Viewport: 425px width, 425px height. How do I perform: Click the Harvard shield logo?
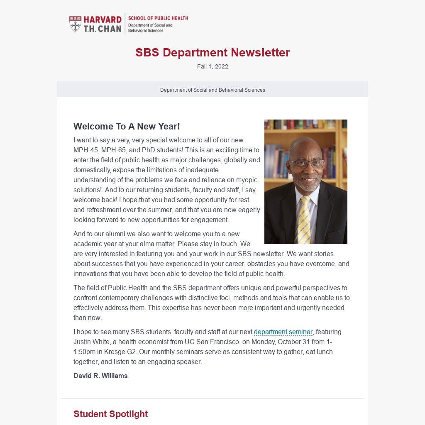click(x=75, y=24)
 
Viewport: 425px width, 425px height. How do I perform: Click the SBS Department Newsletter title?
click(x=212, y=53)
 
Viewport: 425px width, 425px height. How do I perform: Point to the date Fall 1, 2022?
click(x=212, y=66)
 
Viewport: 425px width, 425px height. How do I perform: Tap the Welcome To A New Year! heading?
click(x=127, y=126)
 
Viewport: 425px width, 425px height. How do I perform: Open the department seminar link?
click(x=283, y=332)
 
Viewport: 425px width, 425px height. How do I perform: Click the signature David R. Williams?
click(x=100, y=376)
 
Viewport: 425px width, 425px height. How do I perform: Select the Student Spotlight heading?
click(x=110, y=414)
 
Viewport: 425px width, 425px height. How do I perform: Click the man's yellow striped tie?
click(x=304, y=220)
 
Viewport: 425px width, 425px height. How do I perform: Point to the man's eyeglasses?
click(x=306, y=163)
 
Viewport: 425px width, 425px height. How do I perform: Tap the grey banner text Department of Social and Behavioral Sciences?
click(x=212, y=90)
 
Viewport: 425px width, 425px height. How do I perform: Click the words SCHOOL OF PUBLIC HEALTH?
click(x=158, y=18)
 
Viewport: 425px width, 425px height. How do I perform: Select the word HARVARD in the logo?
click(x=103, y=20)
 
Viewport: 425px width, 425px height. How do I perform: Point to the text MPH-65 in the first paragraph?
click(x=114, y=150)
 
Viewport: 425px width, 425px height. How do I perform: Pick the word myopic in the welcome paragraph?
click(x=247, y=180)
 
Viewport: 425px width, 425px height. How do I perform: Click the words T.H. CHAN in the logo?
click(x=103, y=29)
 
